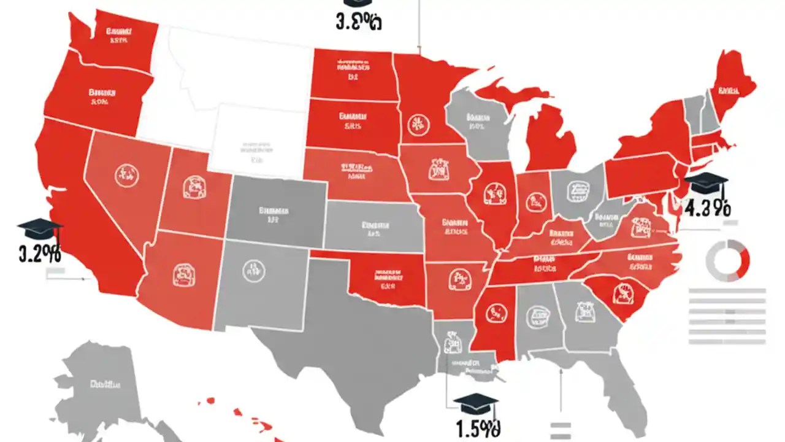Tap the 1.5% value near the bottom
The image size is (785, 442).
(x=478, y=428)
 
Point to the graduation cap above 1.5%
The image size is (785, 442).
(x=475, y=404)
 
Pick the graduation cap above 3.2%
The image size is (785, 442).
(x=40, y=229)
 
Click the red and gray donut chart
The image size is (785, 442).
(x=728, y=260)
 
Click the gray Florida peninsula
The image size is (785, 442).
(x=619, y=393)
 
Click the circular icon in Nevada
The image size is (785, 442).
(x=127, y=175)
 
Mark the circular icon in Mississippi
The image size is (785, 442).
(x=496, y=313)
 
